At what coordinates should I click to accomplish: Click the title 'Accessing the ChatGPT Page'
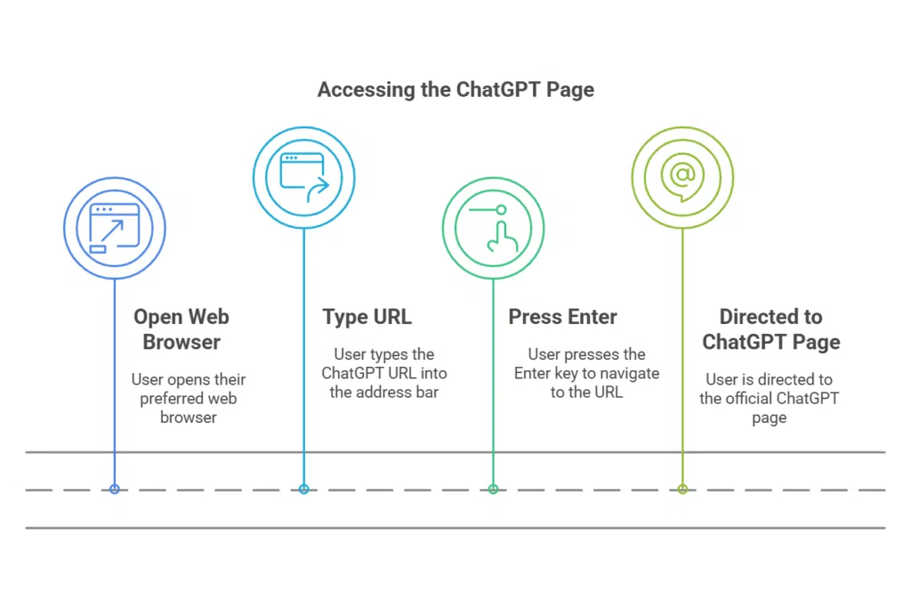[x=455, y=90]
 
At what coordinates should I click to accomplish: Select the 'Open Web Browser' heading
[x=181, y=329]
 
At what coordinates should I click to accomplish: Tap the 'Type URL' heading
[x=367, y=317]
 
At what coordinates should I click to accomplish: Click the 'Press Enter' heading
[x=562, y=317]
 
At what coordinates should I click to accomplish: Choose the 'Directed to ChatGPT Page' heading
[x=770, y=329]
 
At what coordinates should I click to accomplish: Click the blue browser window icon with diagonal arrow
[x=114, y=229]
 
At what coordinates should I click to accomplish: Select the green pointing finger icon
[x=494, y=228]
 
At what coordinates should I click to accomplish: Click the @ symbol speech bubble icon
[x=682, y=176]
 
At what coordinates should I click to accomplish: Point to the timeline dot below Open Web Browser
[x=114, y=489]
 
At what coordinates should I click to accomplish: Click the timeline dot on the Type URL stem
[x=304, y=489]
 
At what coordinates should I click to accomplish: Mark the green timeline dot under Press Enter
[x=494, y=489]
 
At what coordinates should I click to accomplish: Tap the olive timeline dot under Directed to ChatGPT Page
[x=682, y=489]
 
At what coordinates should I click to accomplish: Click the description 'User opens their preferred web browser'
[x=188, y=398]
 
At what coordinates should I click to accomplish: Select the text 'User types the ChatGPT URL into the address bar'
[x=384, y=373]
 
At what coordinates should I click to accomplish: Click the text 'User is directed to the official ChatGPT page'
[x=769, y=398]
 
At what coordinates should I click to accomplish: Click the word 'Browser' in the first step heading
[x=181, y=342]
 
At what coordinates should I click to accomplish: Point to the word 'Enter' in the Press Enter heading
[x=589, y=317]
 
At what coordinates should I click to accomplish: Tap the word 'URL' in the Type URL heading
[x=391, y=317]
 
